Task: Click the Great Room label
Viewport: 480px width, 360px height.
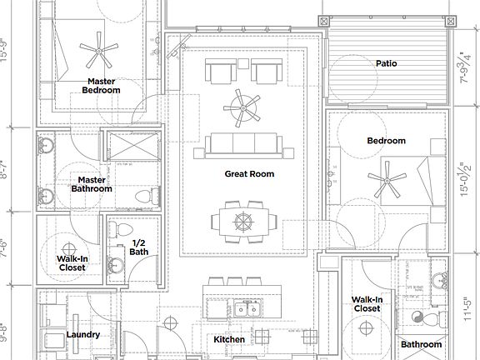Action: click(249, 174)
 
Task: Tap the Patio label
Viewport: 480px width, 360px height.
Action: click(386, 63)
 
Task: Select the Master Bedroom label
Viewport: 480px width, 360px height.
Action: click(100, 86)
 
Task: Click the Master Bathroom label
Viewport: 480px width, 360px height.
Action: click(91, 184)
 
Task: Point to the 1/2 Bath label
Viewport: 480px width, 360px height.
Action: click(140, 247)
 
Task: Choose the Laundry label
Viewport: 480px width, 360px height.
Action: click(83, 335)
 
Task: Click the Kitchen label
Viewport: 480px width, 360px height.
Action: click(229, 339)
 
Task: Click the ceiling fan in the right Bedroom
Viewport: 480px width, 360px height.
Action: click(387, 181)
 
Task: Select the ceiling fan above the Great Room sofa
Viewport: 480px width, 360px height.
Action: click(242, 106)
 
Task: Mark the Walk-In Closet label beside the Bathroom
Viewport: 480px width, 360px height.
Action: click(367, 303)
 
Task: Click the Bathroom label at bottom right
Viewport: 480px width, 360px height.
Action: click(421, 344)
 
